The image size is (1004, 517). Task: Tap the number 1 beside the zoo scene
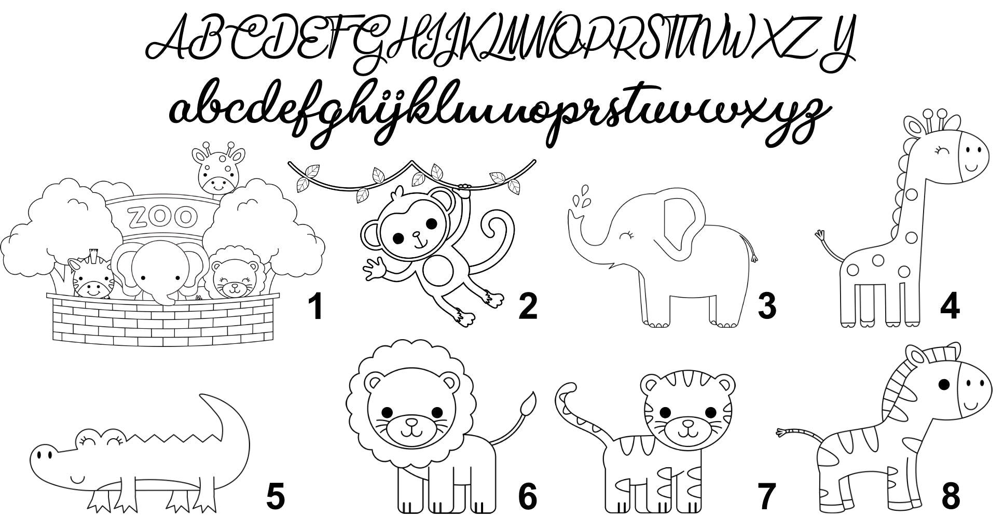(x=315, y=305)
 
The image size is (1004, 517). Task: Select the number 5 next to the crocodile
(x=275, y=496)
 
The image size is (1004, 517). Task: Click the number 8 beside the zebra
(x=951, y=496)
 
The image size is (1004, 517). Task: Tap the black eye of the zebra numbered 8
(x=944, y=384)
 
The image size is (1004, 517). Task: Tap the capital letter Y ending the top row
(x=836, y=44)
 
